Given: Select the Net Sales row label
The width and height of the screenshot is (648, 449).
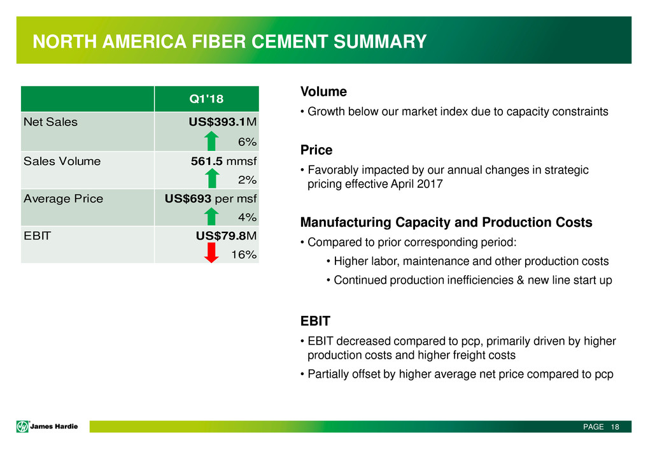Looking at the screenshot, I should tap(50, 122).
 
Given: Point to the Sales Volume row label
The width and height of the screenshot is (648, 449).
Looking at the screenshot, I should tap(61, 161).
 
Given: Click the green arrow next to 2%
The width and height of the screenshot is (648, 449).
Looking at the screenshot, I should tap(213, 178).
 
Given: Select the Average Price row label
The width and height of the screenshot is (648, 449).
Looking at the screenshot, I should tap(62, 199).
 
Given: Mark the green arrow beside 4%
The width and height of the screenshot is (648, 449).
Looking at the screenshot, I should tap(213, 217).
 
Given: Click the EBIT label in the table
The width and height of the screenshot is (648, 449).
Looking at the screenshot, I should tap(36, 236).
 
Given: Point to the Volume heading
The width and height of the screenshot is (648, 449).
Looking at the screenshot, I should tap(323, 92).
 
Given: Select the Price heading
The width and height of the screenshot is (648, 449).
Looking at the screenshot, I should tap(316, 150).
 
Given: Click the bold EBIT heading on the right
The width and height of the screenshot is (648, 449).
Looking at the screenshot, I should tap(315, 321).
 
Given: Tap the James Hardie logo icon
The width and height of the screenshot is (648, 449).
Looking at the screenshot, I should tap(23, 426).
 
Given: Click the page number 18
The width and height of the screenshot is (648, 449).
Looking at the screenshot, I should tap(614, 427).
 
